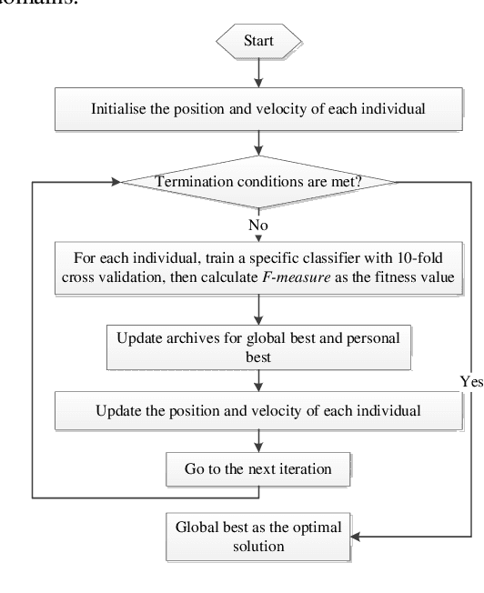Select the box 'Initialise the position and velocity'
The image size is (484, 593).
pos(259,109)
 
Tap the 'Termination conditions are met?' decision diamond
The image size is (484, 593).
pos(259,181)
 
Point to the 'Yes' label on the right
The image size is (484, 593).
pos(471,382)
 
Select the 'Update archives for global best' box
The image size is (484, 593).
pos(259,347)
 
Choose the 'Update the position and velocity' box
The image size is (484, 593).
pos(259,410)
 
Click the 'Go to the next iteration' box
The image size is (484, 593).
pos(259,469)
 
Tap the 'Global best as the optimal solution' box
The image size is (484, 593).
pos(259,538)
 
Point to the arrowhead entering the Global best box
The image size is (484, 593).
pos(358,538)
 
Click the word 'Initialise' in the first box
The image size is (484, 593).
pos(119,109)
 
